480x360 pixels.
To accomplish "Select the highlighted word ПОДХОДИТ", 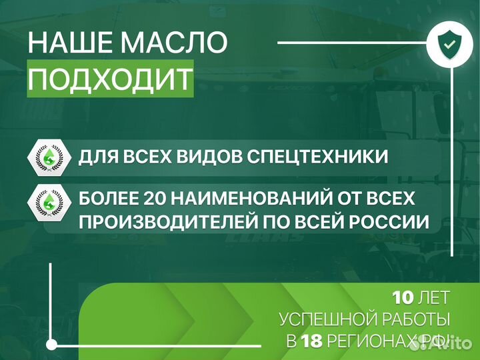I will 111,80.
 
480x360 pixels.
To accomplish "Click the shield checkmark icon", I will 446,44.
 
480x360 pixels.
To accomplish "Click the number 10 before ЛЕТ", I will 405,297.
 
